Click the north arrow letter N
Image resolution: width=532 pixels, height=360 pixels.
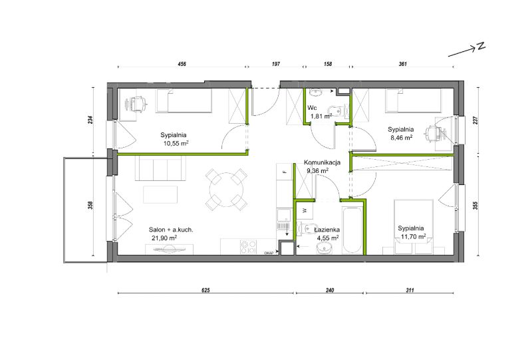(x=481, y=47)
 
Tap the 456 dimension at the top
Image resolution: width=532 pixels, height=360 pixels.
(x=182, y=64)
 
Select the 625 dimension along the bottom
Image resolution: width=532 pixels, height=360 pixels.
(x=206, y=290)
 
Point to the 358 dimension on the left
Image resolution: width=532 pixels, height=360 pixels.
(x=90, y=205)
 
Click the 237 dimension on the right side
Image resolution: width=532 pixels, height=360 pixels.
(x=475, y=120)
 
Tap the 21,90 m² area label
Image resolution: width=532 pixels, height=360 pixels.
(x=164, y=238)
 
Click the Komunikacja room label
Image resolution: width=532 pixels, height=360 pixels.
(x=322, y=162)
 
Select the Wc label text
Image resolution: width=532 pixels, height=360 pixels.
(x=312, y=108)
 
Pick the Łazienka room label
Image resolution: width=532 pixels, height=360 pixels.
(x=327, y=230)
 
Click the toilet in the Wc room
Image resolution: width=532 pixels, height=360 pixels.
(x=334, y=111)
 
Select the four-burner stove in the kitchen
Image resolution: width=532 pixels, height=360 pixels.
(x=248, y=247)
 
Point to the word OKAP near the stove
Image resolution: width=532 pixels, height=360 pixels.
(x=269, y=253)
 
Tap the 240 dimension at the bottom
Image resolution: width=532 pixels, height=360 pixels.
(x=330, y=290)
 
